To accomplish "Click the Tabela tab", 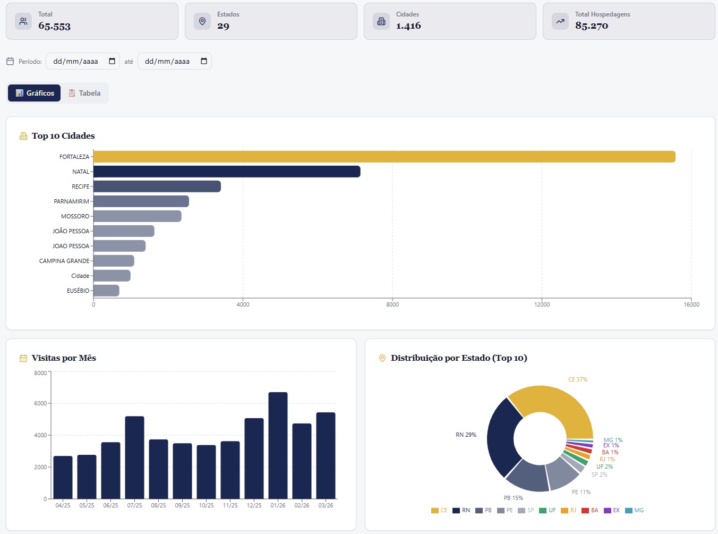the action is point(84,93).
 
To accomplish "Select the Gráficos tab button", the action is point(35,93).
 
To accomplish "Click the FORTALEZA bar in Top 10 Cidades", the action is point(384,157).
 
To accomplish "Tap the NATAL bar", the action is point(227,172).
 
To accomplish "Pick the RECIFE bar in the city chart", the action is point(157,187).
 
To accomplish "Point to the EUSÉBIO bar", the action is point(106,291).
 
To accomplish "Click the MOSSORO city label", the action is point(75,216).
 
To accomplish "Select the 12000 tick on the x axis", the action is point(542,304).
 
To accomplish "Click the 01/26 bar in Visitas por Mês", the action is point(278,446).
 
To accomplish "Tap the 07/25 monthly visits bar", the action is point(134,457).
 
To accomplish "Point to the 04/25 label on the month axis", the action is point(63,505).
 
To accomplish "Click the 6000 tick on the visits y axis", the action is point(40,403).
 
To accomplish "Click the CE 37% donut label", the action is point(578,379).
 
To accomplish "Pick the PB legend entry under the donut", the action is point(483,510).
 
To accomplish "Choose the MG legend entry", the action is point(634,510).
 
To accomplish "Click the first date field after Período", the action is point(83,61).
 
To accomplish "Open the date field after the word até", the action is point(175,61).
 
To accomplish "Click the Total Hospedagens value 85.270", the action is point(592,26).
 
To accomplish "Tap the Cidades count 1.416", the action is point(408,26).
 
